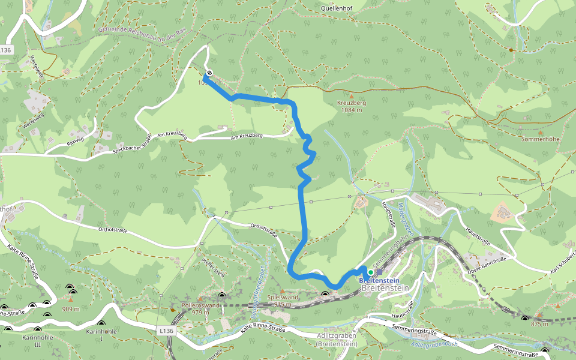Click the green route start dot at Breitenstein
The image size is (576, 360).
tap(371, 272)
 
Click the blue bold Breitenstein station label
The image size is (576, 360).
tap(379, 281)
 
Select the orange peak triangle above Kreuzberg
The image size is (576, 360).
tap(352, 95)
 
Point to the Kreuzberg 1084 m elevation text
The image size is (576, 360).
tap(352, 106)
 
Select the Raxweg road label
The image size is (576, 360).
tap(77, 144)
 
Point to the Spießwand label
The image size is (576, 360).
tap(283, 298)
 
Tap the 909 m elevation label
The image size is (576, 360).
tap(71, 310)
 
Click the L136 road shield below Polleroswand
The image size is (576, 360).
tap(167, 331)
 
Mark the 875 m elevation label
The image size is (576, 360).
tap(539, 324)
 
